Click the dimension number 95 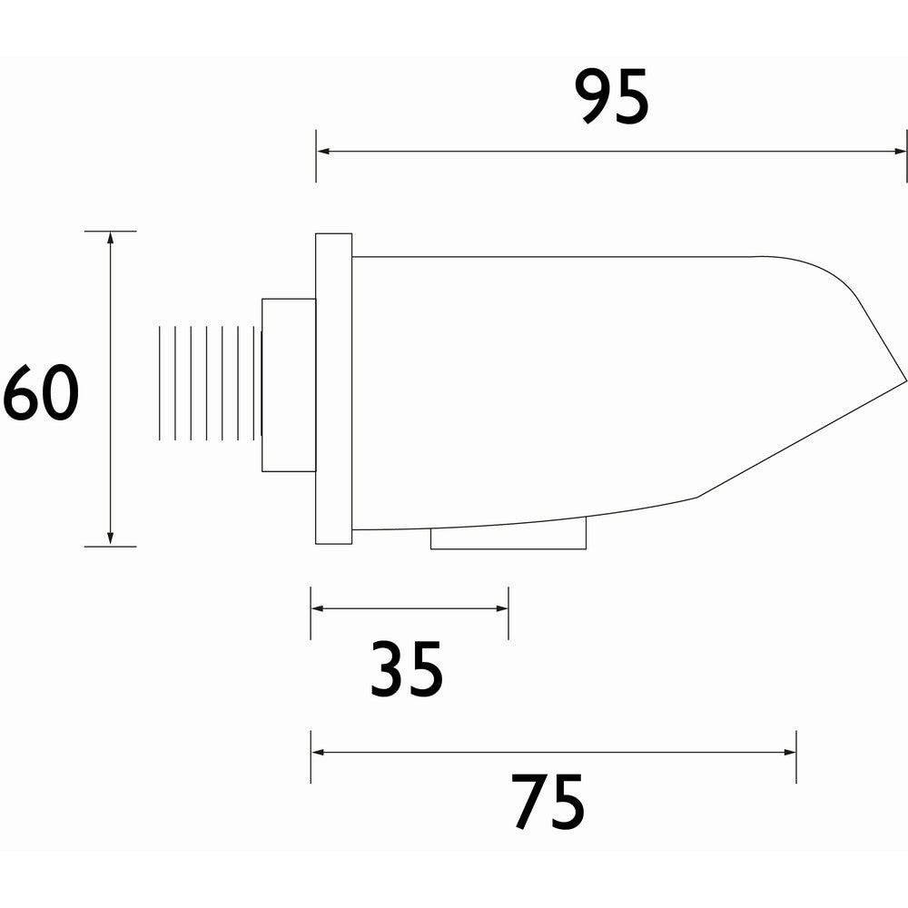(x=613, y=98)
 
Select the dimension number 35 (x=407, y=670)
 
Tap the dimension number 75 (x=548, y=803)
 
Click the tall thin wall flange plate (x=333, y=389)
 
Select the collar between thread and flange (x=289, y=385)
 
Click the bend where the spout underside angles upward (x=697, y=497)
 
